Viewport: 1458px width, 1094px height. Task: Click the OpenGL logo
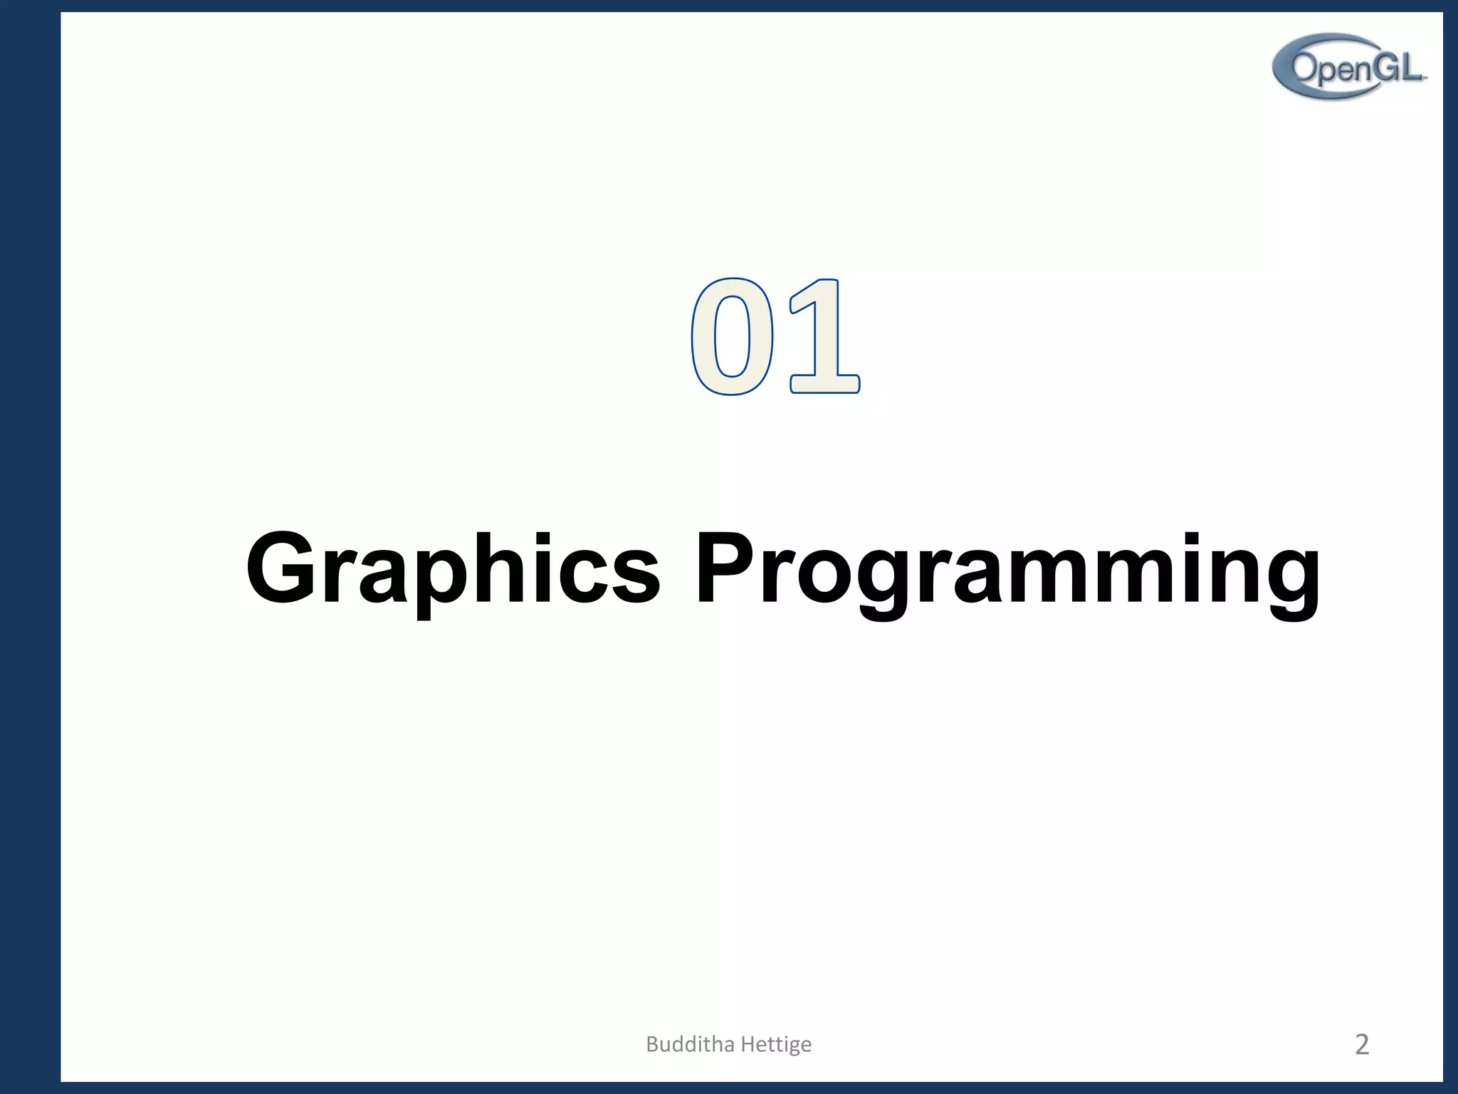(1348, 66)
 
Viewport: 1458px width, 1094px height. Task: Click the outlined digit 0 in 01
(732, 336)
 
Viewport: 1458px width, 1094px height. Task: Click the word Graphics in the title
(453, 570)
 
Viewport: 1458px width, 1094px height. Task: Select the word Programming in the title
(1007, 570)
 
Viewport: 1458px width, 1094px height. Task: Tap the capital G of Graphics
(281, 568)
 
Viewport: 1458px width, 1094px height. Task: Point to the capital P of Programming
(723, 568)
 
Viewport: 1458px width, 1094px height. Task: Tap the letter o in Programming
(824, 578)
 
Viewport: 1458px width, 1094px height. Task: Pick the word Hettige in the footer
(776, 1045)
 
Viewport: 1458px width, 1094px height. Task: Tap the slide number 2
(1361, 1044)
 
